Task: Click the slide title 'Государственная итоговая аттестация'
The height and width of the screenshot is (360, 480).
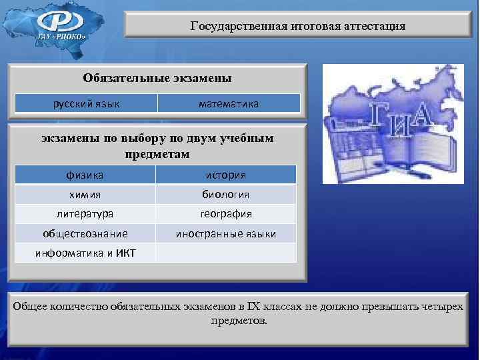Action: pos(297,27)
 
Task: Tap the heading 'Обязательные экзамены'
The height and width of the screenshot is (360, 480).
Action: pos(157,78)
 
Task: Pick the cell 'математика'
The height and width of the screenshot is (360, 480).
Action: pos(229,103)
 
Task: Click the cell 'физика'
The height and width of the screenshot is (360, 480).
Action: pos(85,175)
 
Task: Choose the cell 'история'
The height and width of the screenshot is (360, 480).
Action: pos(226,175)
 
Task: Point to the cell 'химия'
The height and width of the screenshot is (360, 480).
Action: pos(85,195)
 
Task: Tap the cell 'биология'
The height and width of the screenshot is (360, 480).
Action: pos(226,195)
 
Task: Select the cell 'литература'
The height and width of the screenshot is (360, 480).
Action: pos(85,214)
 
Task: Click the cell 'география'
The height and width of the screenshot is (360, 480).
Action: pos(226,214)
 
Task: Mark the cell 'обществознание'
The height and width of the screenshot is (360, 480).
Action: pos(85,233)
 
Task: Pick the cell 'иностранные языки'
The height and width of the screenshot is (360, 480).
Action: pos(226,233)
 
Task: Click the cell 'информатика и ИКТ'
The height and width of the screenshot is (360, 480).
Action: pos(85,253)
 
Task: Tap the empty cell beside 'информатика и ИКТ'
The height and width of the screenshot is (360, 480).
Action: pos(226,253)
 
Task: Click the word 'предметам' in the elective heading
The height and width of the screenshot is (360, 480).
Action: pos(157,154)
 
